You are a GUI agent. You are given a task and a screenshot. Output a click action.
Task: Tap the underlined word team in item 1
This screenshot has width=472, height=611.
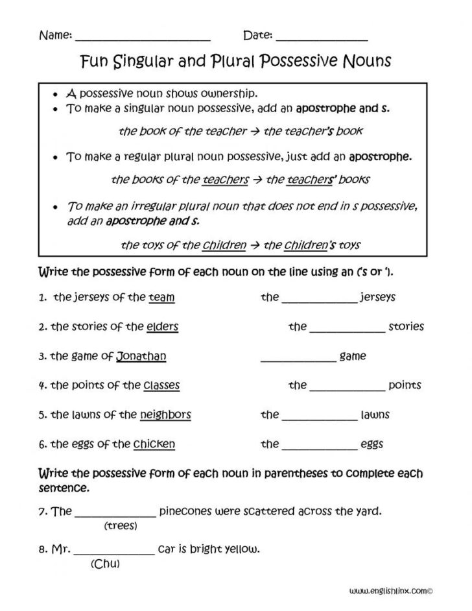[x=161, y=297]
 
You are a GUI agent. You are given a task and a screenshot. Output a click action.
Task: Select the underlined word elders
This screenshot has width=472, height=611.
[x=162, y=326]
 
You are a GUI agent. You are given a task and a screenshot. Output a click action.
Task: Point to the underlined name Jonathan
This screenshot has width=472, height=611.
[x=141, y=355]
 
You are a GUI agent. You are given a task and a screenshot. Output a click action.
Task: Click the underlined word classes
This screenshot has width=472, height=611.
[x=161, y=385]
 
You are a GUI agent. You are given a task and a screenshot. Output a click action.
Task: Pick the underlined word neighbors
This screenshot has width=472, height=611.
[x=165, y=414]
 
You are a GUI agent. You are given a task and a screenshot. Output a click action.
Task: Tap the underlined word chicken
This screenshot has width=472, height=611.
[x=154, y=444]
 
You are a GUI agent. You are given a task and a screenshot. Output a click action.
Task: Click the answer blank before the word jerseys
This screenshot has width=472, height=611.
[x=320, y=300]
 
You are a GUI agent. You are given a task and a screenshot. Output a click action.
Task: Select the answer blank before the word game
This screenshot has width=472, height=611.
[x=298, y=359]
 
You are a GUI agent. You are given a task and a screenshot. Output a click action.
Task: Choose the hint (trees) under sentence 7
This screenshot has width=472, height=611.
[x=121, y=526]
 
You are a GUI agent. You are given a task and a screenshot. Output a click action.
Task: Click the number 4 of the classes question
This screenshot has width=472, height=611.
[x=41, y=385]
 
